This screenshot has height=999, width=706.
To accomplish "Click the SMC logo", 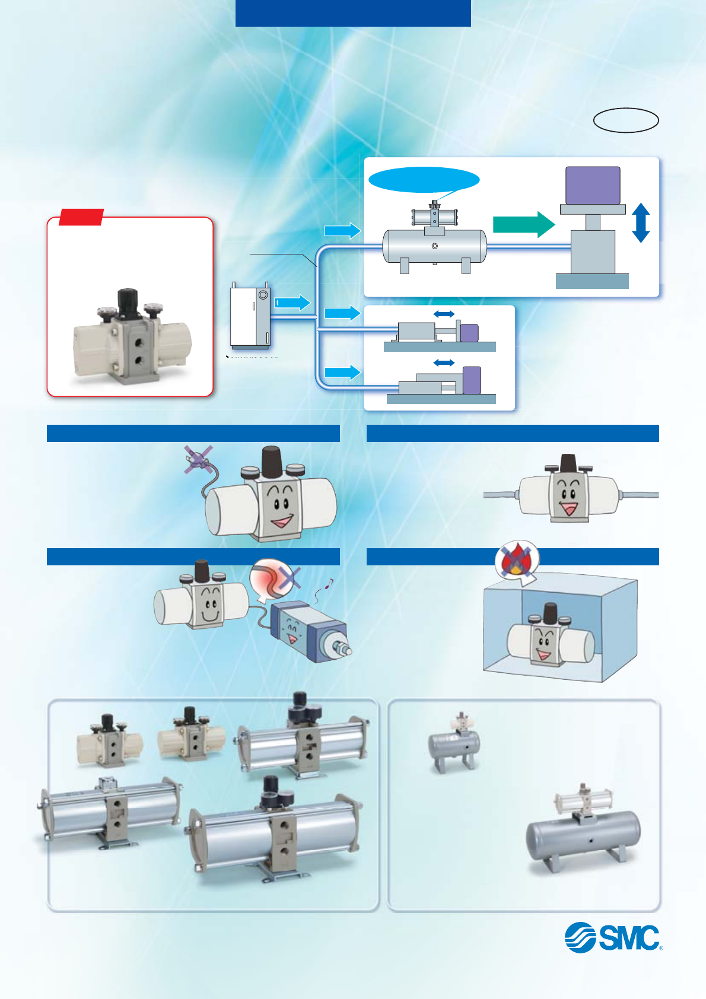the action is click(613, 937).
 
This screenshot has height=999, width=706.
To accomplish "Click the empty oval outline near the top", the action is click(626, 120).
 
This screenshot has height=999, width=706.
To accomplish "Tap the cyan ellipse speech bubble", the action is click(424, 180).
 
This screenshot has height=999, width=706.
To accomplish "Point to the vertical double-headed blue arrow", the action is click(641, 222).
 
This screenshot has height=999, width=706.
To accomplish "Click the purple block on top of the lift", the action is click(593, 185).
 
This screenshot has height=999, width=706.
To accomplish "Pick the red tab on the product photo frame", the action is click(81, 217).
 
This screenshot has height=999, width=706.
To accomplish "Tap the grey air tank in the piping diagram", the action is click(434, 246).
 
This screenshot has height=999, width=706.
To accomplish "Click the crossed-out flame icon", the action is click(516, 559).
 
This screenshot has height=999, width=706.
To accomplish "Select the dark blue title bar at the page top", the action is click(353, 13).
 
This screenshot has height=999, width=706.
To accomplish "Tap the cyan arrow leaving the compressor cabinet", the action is click(293, 303).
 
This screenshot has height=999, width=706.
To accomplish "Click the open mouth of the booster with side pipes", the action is click(568, 508).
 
